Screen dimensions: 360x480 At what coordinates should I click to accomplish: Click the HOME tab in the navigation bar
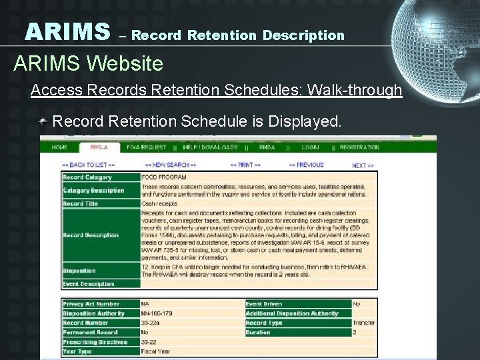59,147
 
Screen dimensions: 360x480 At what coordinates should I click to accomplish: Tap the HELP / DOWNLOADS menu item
210,147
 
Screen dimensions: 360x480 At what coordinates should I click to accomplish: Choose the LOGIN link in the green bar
310,147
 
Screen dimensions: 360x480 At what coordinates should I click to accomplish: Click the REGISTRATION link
359,147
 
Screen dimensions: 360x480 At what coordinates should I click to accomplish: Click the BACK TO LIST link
88,165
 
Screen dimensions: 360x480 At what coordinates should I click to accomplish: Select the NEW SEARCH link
171,165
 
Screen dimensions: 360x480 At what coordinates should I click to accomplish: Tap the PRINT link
245,165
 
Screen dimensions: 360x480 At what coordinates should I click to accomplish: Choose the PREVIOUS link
306,165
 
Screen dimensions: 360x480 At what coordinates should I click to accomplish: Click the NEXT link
363,165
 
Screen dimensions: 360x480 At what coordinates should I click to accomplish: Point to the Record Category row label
87,177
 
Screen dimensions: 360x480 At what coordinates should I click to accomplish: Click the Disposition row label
79,271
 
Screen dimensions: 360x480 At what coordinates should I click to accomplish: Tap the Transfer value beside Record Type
363,323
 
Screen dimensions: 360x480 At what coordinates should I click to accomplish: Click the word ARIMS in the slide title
67,31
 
